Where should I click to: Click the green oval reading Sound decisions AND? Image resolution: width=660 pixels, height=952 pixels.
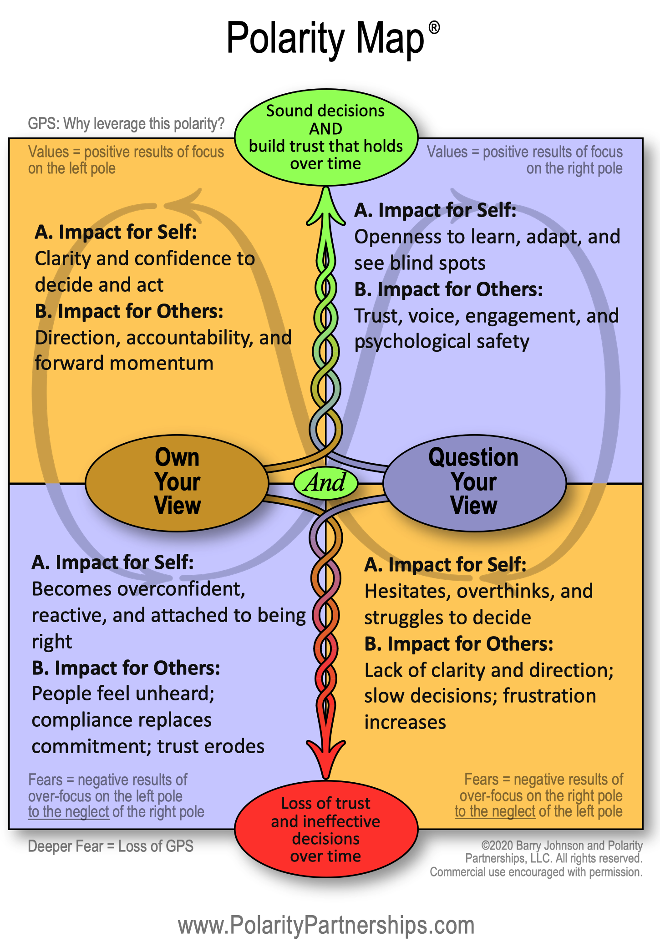point(326,137)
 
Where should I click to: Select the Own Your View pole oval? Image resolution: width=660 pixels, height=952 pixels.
point(177,482)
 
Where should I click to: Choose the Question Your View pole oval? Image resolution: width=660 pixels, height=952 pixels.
point(474,482)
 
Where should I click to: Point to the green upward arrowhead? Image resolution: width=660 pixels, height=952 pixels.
point(326,207)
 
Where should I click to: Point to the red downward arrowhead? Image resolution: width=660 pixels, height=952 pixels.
point(326,755)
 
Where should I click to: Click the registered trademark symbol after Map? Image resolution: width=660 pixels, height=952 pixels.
point(434,28)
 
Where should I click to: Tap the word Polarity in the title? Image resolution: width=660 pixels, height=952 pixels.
point(286,39)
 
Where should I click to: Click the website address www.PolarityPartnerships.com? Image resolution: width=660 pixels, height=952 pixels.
point(326,926)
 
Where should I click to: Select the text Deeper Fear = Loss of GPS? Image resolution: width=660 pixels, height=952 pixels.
point(111,846)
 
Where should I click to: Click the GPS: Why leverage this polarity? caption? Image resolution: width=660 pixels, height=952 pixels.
point(126,123)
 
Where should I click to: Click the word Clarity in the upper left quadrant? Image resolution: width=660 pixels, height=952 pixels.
point(63,259)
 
